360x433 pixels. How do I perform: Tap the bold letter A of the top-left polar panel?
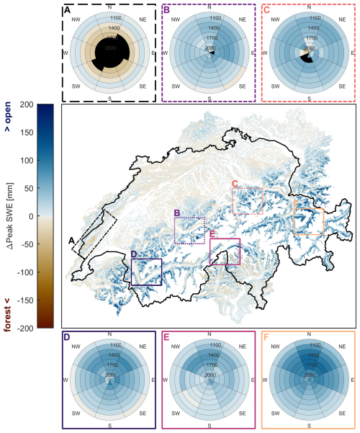point(68,10)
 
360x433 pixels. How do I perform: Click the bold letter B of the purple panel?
point(167,10)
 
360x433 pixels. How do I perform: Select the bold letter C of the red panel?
point(267,10)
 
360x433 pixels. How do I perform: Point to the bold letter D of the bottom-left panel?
point(67,337)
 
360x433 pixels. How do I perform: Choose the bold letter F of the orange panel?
point(268,337)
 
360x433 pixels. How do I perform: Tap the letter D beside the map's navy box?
point(134,254)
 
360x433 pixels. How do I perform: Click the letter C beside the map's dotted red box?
point(235,184)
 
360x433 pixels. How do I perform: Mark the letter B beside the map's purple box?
point(177,212)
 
